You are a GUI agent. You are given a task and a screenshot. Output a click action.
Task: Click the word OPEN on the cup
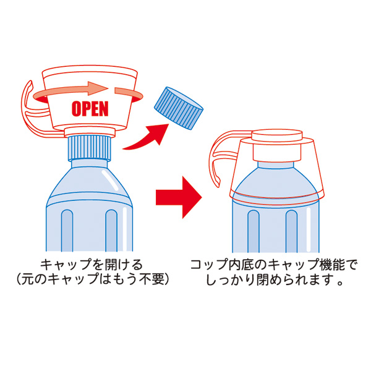pos(90,108)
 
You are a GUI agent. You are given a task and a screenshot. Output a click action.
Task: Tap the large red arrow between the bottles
pos(179,196)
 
